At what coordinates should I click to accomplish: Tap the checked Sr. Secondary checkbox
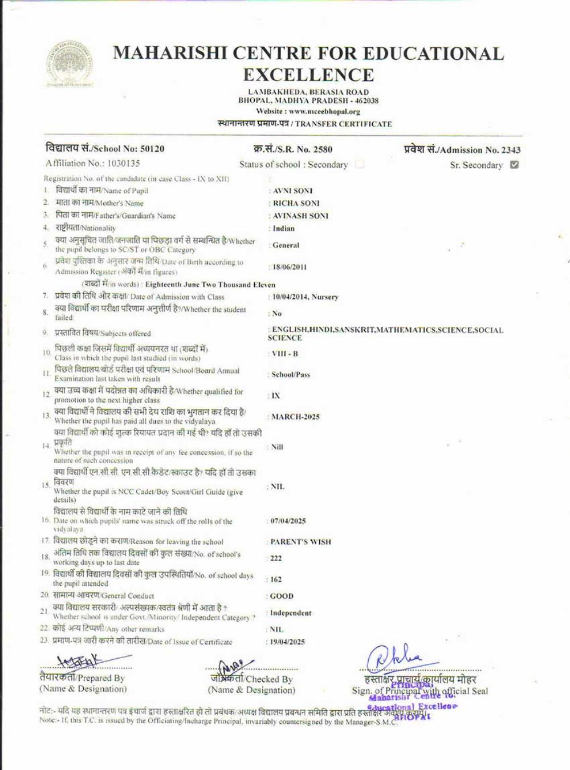(514, 165)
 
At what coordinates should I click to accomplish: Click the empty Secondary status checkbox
(360, 165)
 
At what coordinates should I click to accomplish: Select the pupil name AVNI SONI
(292, 191)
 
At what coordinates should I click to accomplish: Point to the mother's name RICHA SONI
(296, 203)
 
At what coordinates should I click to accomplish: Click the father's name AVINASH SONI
(300, 216)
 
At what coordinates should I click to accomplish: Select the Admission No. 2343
(511, 150)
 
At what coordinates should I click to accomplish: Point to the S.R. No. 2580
(322, 149)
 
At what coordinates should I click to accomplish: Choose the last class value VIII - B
(285, 354)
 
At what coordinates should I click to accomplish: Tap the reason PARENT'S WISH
(300, 542)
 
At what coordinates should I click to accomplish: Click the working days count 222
(276, 558)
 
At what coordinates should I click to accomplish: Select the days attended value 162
(276, 579)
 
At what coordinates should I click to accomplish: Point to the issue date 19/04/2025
(288, 642)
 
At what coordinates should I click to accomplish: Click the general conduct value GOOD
(282, 596)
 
